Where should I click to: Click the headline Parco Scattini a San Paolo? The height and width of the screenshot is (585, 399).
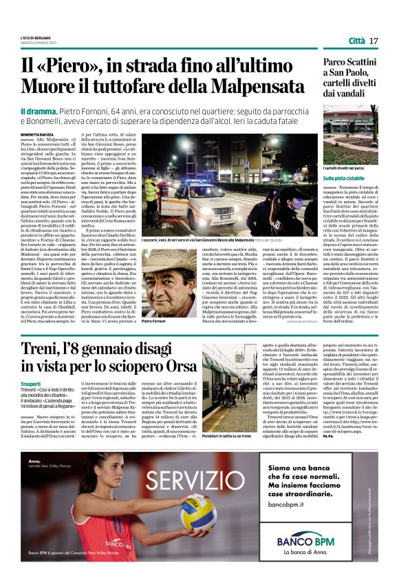tap(340, 69)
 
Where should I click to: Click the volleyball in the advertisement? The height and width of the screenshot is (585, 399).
tap(198, 511)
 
